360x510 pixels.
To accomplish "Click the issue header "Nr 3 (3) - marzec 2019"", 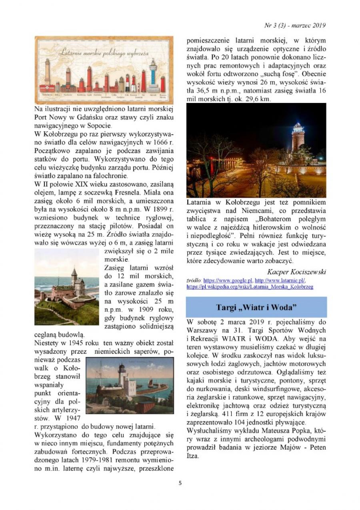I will pos(295,25).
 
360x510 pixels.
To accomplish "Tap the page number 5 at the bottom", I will pos(180,483).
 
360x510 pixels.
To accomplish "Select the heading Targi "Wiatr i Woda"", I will pos(256,307).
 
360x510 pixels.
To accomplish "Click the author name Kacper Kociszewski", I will pos(296,272).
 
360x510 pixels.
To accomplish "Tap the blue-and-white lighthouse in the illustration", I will pos(153,74).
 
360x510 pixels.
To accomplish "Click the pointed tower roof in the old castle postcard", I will pos(74,272).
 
